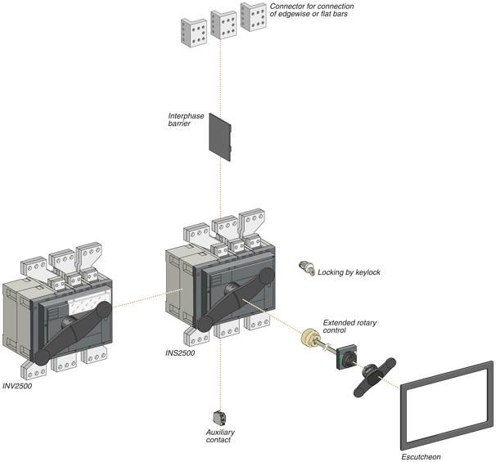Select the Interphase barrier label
185,120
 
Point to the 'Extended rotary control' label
351,326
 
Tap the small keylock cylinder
308,268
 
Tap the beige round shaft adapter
312,339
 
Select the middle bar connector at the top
223,24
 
